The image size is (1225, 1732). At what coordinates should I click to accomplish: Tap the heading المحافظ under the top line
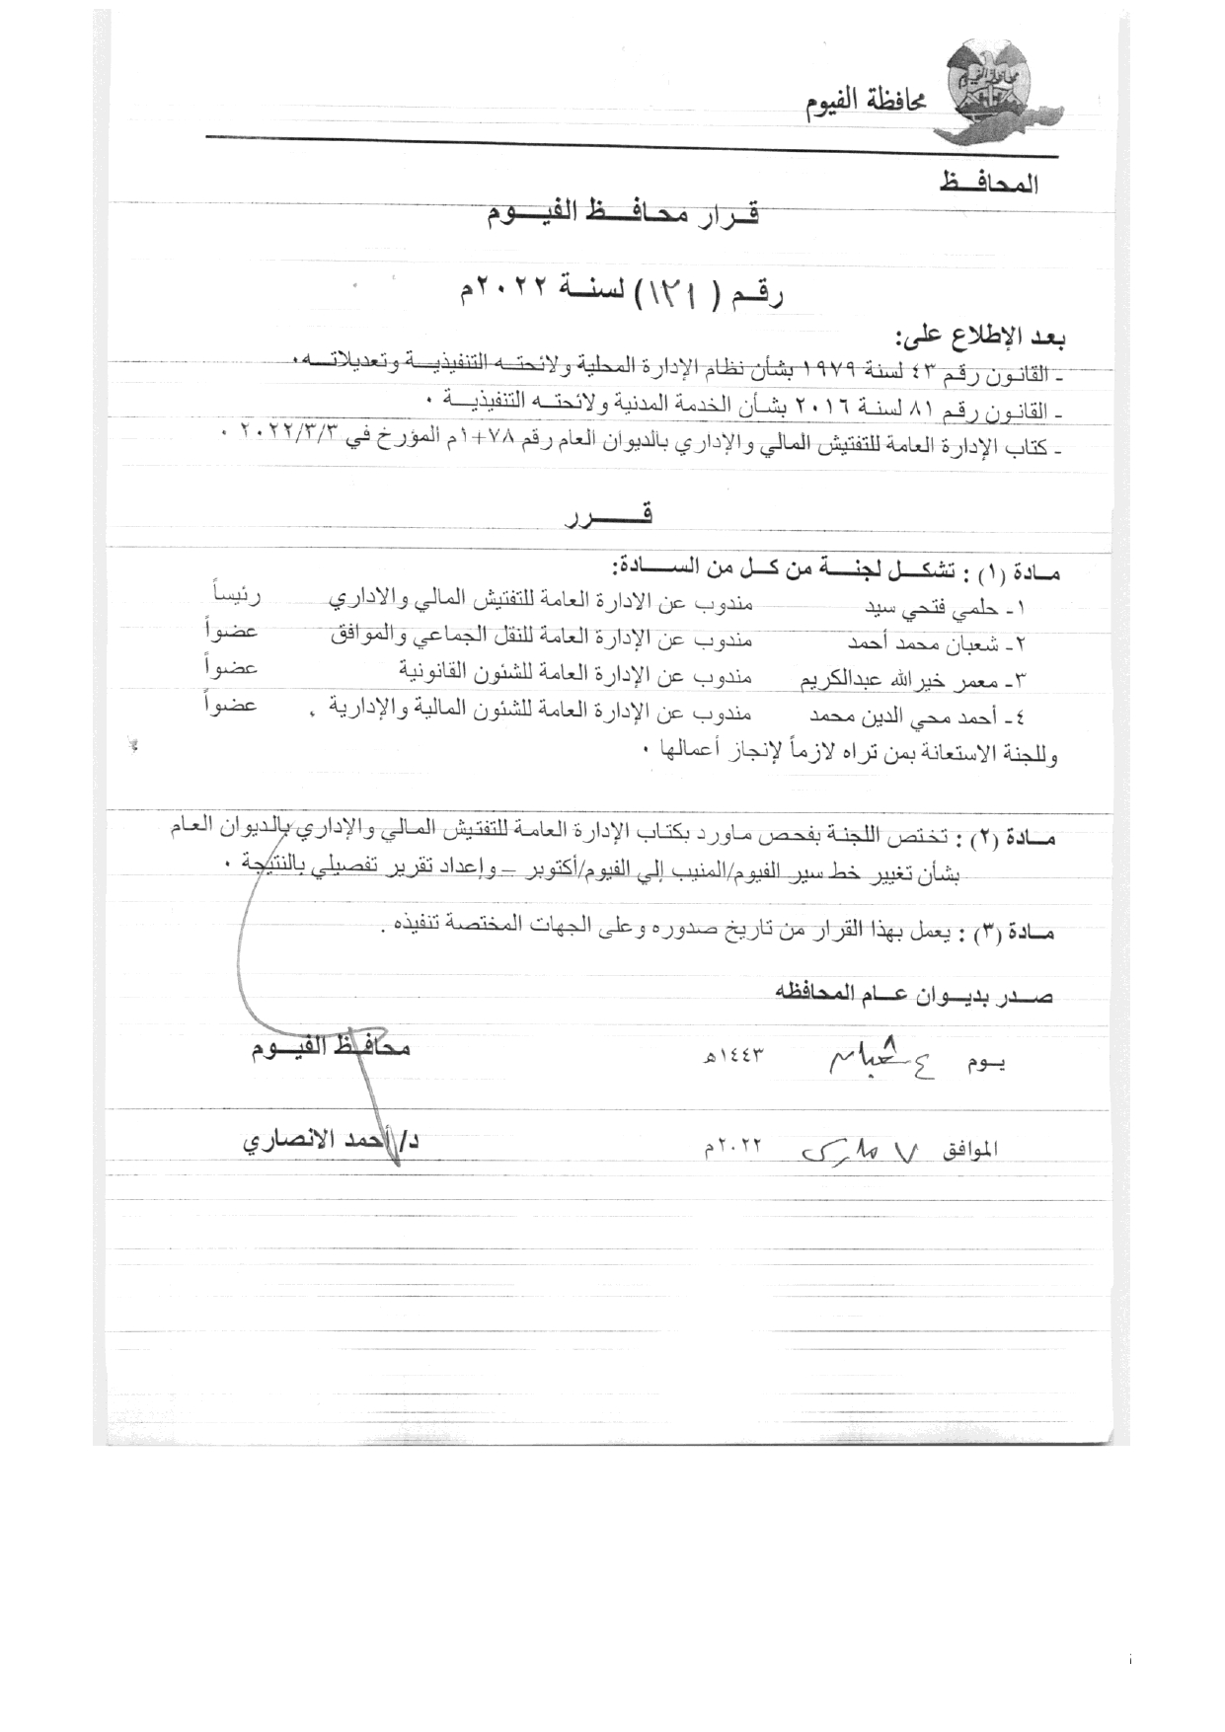(985, 184)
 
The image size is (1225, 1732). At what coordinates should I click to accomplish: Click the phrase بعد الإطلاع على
(981, 339)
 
